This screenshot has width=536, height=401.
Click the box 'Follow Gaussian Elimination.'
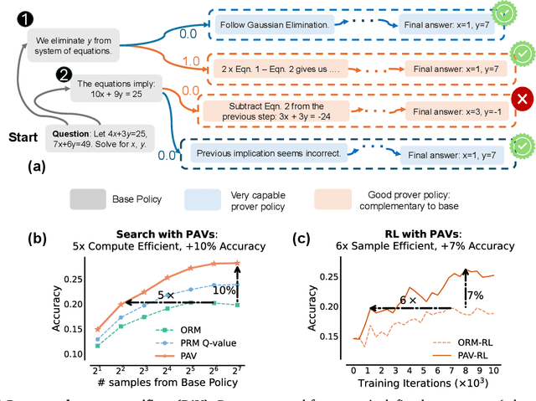[273, 26]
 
